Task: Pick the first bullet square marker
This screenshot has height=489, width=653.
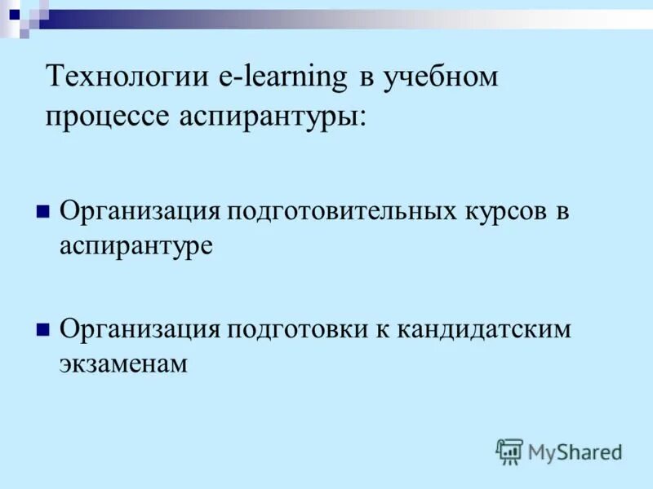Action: pyautogui.click(x=43, y=212)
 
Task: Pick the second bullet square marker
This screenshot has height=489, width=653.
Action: pyautogui.click(x=43, y=329)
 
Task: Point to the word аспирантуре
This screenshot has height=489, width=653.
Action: pyautogui.click(x=135, y=246)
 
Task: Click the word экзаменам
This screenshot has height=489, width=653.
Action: pyautogui.click(x=123, y=363)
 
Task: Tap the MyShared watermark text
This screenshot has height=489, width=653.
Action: pyautogui.click(x=575, y=452)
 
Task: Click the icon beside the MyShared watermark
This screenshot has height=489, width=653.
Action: pyautogui.click(x=509, y=451)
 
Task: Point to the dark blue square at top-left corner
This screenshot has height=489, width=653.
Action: pyautogui.click(x=14, y=14)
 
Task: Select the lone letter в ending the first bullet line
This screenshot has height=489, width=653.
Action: pyautogui.click(x=562, y=211)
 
